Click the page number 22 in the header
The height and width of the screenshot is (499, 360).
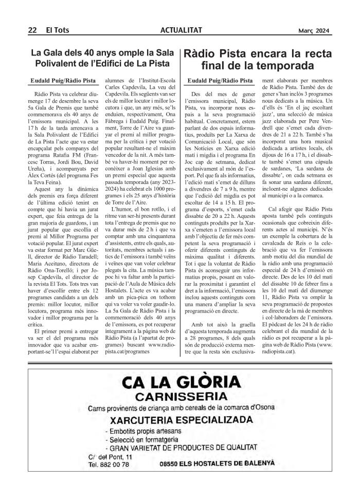click(x=31, y=30)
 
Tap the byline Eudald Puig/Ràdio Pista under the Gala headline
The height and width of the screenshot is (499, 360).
click(x=63, y=81)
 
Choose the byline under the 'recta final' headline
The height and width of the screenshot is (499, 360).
click(x=220, y=81)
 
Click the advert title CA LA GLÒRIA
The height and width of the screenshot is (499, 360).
click(x=181, y=382)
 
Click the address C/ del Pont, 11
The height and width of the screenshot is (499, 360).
click(x=110, y=456)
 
